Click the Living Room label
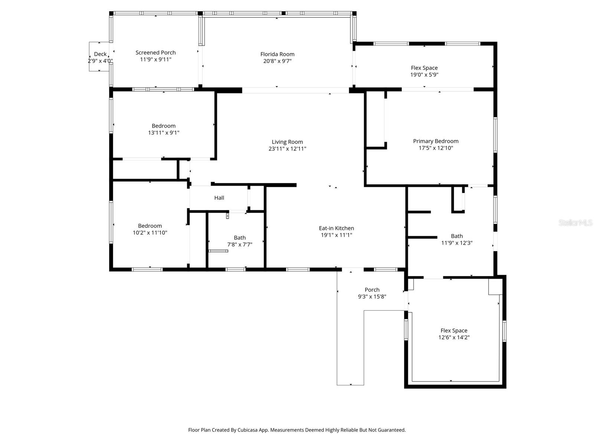click(287, 142)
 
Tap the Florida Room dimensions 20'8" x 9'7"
click(277, 61)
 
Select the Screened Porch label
click(156, 52)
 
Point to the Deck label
click(100, 54)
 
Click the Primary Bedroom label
click(436, 141)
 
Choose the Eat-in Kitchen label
click(336, 228)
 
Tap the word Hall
click(219, 198)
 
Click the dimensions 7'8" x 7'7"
click(240, 244)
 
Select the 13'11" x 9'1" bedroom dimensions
click(164, 133)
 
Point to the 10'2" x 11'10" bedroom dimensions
click(150, 233)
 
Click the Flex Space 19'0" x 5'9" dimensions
click(424, 75)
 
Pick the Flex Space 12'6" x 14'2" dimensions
click(454, 337)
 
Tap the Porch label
click(372, 290)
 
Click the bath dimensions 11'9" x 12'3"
click(457, 243)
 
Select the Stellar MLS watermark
click(575, 222)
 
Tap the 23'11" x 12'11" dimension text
click(287, 149)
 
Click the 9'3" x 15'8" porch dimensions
click(372, 296)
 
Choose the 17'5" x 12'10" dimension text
click(436, 148)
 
